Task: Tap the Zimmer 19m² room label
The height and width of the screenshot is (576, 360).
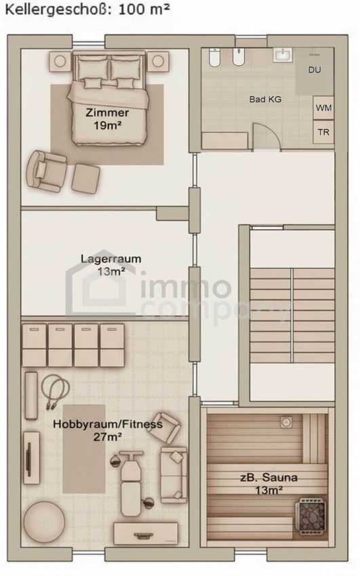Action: [107, 119]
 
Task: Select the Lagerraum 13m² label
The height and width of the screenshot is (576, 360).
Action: [111, 264]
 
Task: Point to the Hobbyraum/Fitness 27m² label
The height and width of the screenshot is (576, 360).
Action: [108, 430]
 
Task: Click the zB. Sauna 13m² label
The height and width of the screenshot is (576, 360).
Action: [268, 483]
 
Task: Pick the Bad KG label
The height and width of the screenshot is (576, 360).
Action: [265, 99]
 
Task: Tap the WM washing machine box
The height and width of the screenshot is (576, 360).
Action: [323, 108]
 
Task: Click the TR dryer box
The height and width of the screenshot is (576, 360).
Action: [323, 131]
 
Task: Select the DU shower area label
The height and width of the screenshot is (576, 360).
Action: [315, 70]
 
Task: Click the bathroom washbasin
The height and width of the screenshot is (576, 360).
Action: [283, 55]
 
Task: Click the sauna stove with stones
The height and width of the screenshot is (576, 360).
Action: [311, 516]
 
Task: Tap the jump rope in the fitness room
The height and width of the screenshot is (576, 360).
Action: [54, 388]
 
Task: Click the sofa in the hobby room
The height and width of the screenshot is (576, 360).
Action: [174, 474]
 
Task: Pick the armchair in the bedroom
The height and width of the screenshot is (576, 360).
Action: [46, 171]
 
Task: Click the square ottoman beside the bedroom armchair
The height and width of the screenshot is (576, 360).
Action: [85, 178]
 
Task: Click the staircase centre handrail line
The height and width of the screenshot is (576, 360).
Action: [292, 315]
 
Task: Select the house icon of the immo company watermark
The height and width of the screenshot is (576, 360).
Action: [100, 287]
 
